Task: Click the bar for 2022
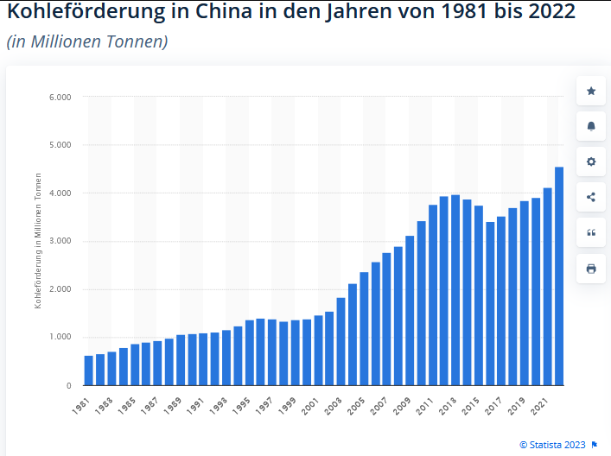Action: (559, 276)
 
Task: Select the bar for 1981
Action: (89, 370)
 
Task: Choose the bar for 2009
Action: (410, 310)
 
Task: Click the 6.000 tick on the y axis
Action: (60, 97)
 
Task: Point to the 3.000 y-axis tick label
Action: (60, 241)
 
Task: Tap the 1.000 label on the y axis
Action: (60, 337)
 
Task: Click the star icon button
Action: (591, 91)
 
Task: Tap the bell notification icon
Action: (591, 126)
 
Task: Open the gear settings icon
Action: (591, 161)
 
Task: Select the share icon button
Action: (591, 197)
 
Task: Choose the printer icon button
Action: (591, 269)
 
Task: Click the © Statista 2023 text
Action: (552, 444)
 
